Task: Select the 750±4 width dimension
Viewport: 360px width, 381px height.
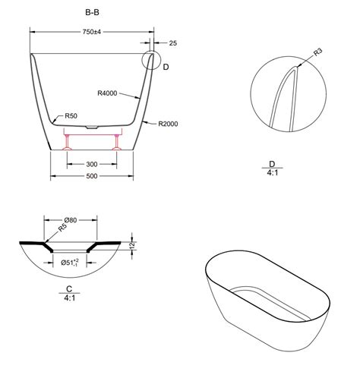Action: [x=93, y=33]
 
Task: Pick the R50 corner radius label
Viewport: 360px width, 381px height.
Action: [x=71, y=115]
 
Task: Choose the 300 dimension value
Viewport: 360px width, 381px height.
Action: [x=92, y=163]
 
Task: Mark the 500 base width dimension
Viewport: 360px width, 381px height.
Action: [x=92, y=178]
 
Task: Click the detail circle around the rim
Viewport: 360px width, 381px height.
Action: [x=152, y=58]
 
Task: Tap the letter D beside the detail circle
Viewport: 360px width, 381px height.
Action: [x=166, y=68]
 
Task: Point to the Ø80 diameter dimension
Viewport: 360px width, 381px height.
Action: [x=72, y=222]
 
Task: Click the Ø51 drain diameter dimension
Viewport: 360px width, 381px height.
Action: [x=71, y=263]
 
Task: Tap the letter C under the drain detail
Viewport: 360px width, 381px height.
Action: [x=68, y=289]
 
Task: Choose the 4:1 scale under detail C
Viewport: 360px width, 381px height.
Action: [x=68, y=299]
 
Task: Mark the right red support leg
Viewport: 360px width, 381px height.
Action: [x=116, y=142]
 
